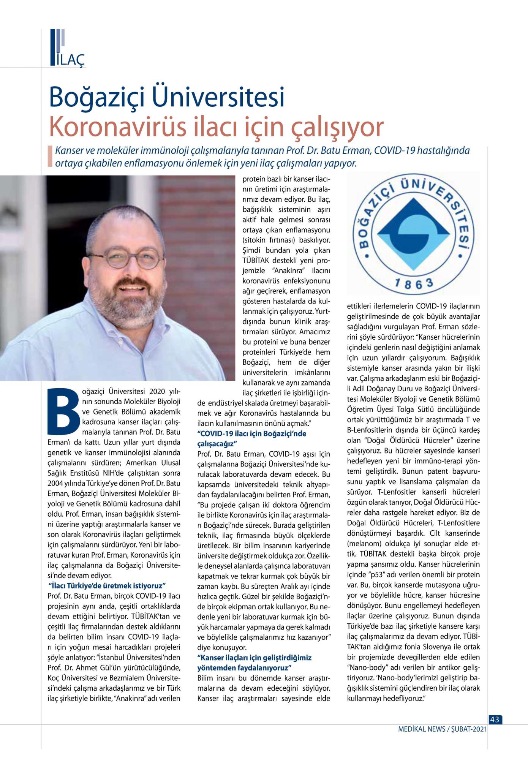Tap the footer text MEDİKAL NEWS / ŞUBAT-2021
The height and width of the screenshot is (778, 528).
tap(442, 729)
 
